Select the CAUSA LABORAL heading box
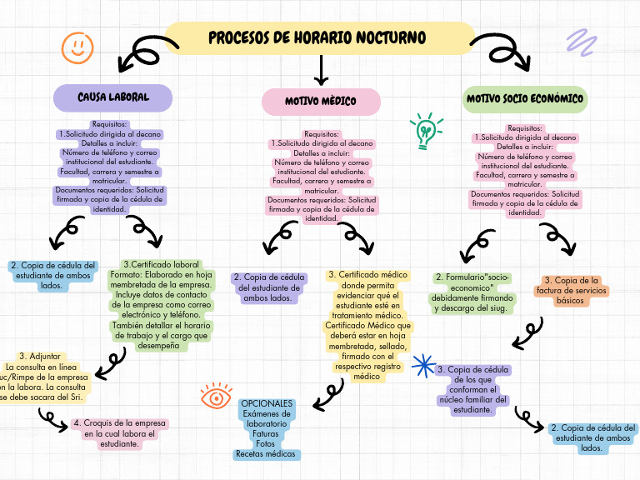tap(113, 97)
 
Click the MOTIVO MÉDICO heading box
tap(321, 101)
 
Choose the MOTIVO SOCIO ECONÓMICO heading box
tap(525, 99)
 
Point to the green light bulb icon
tap(425, 131)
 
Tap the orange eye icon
tap(216, 397)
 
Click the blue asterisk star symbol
tap(424, 366)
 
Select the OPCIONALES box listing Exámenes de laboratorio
tap(266, 429)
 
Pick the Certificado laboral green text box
tap(161, 305)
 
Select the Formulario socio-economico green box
tap(473, 292)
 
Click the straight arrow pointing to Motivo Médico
tap(320, 68)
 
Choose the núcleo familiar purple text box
tap(472, 389)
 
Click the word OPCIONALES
tap(266, 403)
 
